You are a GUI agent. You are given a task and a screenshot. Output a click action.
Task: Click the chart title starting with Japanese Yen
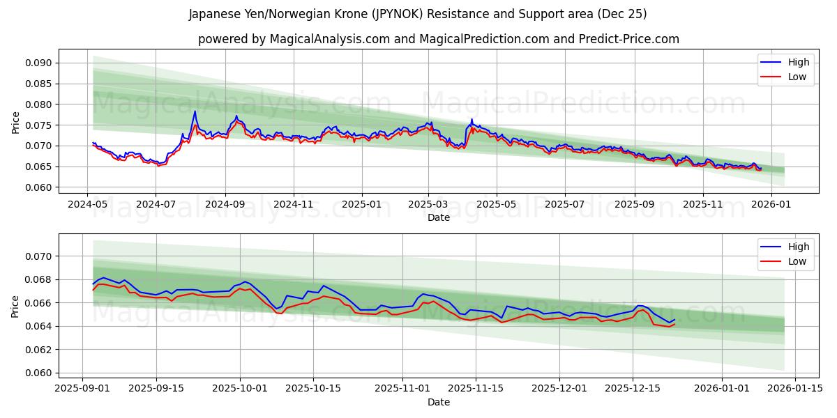click(418, 14)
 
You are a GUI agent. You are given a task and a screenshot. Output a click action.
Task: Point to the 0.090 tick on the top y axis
click(39, 63)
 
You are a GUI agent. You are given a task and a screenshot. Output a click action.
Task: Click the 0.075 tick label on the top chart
click(39, 125)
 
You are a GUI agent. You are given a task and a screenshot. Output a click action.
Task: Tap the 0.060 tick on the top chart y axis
click(39, 187)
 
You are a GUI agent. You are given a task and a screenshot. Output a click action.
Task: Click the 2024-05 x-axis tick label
click(87, 205)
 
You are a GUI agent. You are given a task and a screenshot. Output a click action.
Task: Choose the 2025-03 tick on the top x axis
click(428, 205)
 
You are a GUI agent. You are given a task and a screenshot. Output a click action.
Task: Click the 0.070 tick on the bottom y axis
click(39, 256)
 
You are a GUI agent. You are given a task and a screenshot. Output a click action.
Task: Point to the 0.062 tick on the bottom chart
click(39, 350)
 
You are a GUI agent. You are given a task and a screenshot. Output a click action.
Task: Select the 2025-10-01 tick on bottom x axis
click(241, 389)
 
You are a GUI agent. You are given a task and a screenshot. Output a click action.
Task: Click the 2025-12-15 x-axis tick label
click(633, 389)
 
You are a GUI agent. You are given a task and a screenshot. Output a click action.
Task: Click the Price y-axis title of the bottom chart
click(15, 306)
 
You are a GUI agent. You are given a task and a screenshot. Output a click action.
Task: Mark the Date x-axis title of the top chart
click(438, 217)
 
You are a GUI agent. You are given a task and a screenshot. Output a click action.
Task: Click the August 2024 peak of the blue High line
click(195, 111)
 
